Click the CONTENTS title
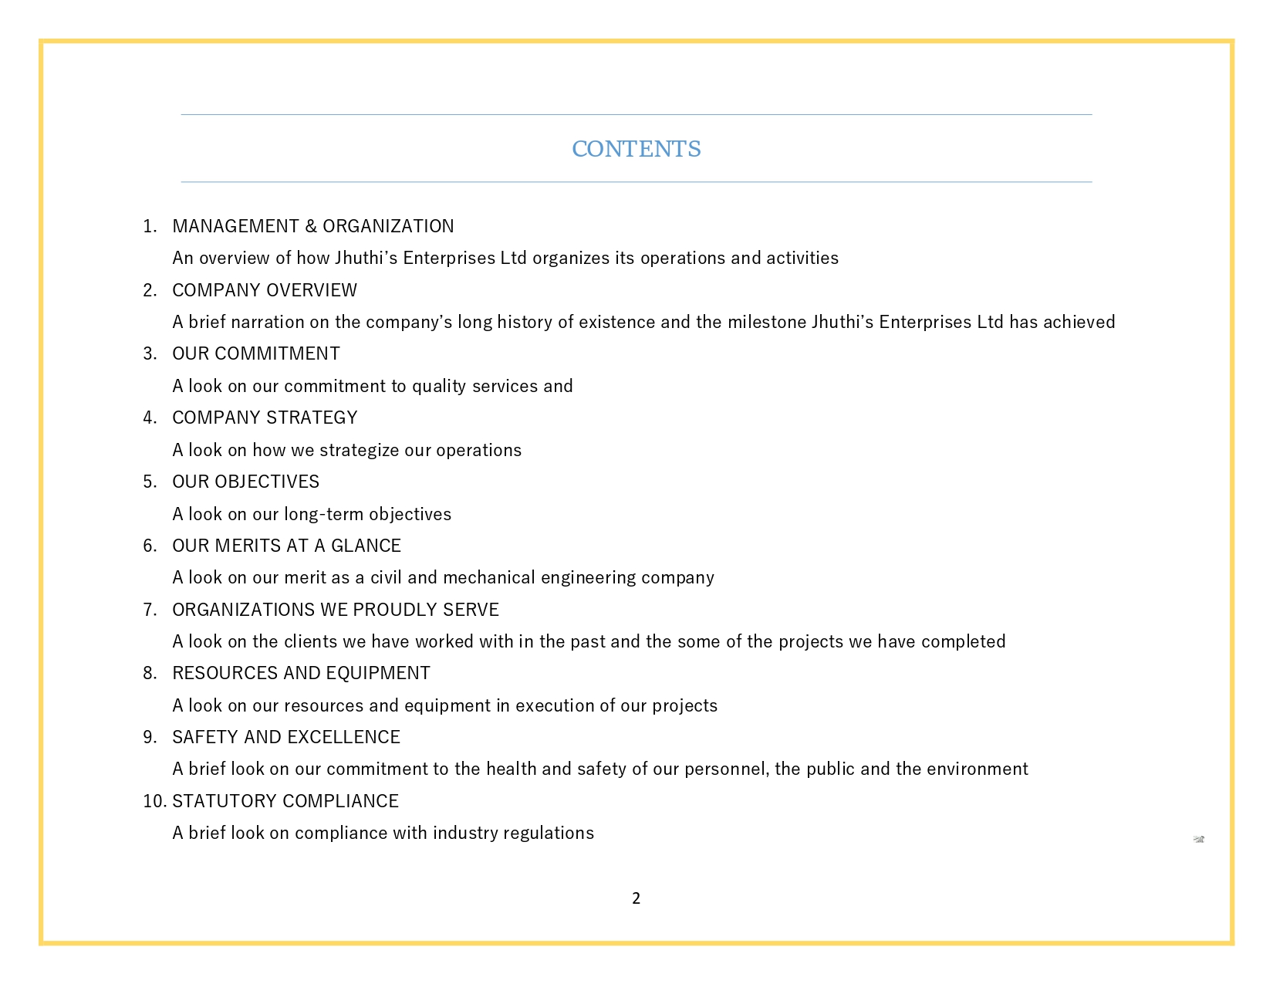pos(636,149)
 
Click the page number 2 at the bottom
pos(636,898)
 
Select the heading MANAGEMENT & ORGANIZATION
pos(312,226)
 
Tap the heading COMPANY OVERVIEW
pos(265,290)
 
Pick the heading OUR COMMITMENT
pos(256,353)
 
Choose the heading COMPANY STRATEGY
pos(265,418)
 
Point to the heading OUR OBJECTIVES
pos(245,482)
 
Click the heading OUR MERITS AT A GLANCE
pos(286,546)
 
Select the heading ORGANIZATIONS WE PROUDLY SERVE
pos(336,610)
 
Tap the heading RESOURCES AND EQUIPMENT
pos(301,673)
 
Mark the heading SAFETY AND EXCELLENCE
pos(286,737)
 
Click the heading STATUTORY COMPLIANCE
pos(285,801)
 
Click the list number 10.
pos(154,801)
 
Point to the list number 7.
pos(150,610)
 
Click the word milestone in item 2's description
pos(766,322)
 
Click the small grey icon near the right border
pos(1199,839)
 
